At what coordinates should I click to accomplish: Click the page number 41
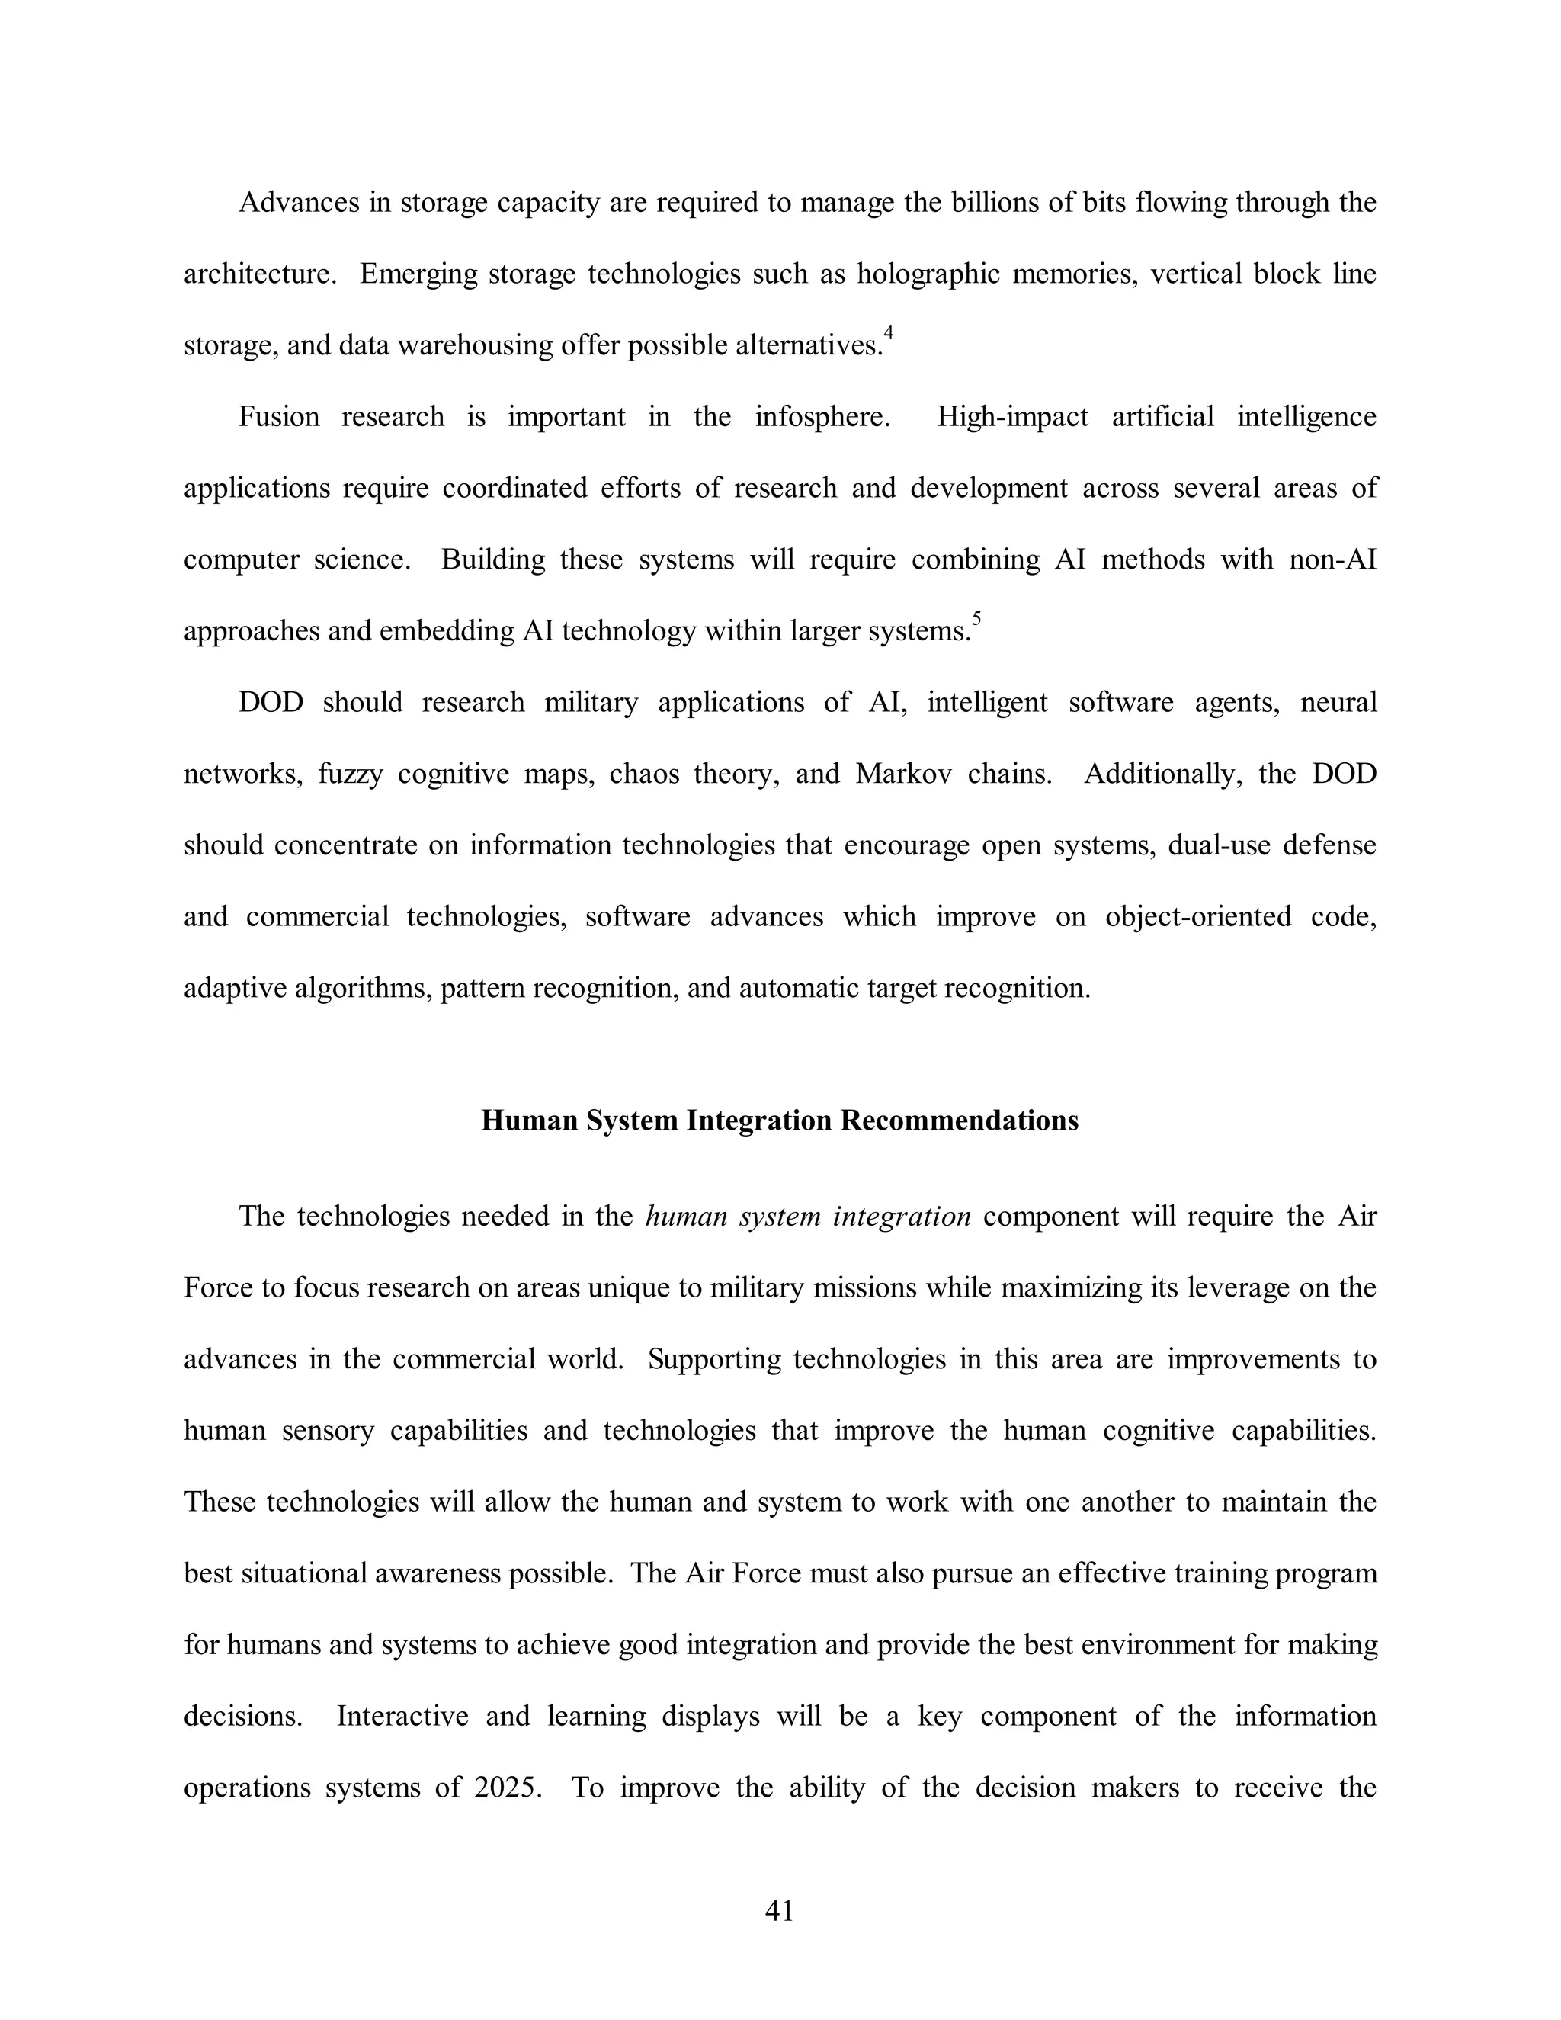pos(780,1910)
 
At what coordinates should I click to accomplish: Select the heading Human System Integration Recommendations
pos(780,1121)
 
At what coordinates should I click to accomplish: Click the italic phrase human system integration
pos(807,1217)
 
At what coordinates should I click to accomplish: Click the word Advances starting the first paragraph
pos(298,203)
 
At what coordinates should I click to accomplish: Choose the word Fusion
pos(278,417)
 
